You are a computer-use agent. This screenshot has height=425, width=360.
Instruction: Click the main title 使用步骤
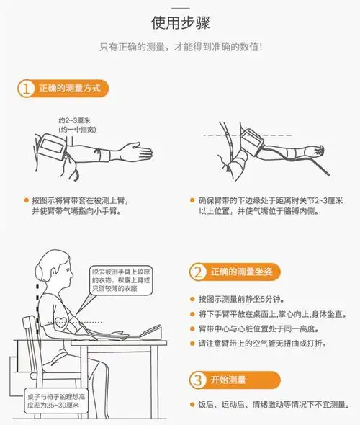180,22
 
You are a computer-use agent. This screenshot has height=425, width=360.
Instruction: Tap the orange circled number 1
26,89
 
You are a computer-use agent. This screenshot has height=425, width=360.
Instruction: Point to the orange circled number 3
199,380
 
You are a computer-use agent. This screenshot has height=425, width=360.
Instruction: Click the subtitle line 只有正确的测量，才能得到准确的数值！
180,48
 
